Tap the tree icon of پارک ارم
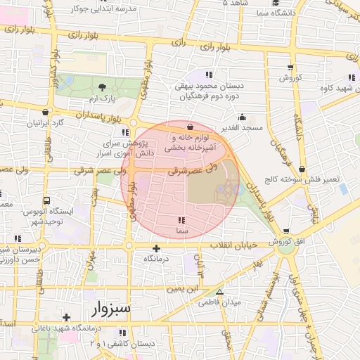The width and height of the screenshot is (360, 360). click(104, 87)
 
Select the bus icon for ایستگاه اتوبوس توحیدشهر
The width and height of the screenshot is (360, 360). click(46, 200)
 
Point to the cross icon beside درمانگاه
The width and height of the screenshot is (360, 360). click(156, 248)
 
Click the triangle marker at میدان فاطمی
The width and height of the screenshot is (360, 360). click(219, 292)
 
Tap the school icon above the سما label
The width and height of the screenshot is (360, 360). click(182, 221)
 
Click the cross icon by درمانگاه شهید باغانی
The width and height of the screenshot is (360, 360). click(66, 317)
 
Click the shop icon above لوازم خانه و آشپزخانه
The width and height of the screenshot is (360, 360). click(191, 127)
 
